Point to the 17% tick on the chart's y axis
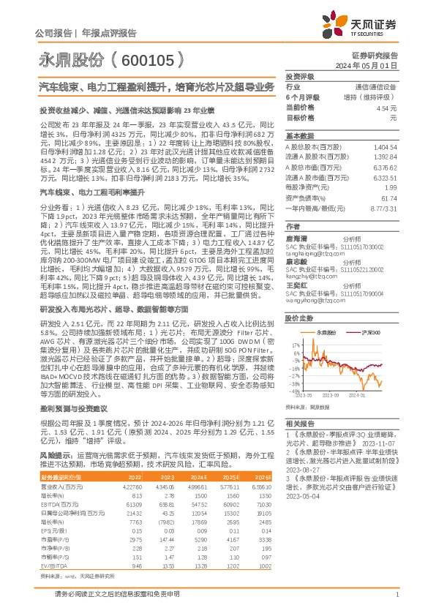(x=295, y=343)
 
